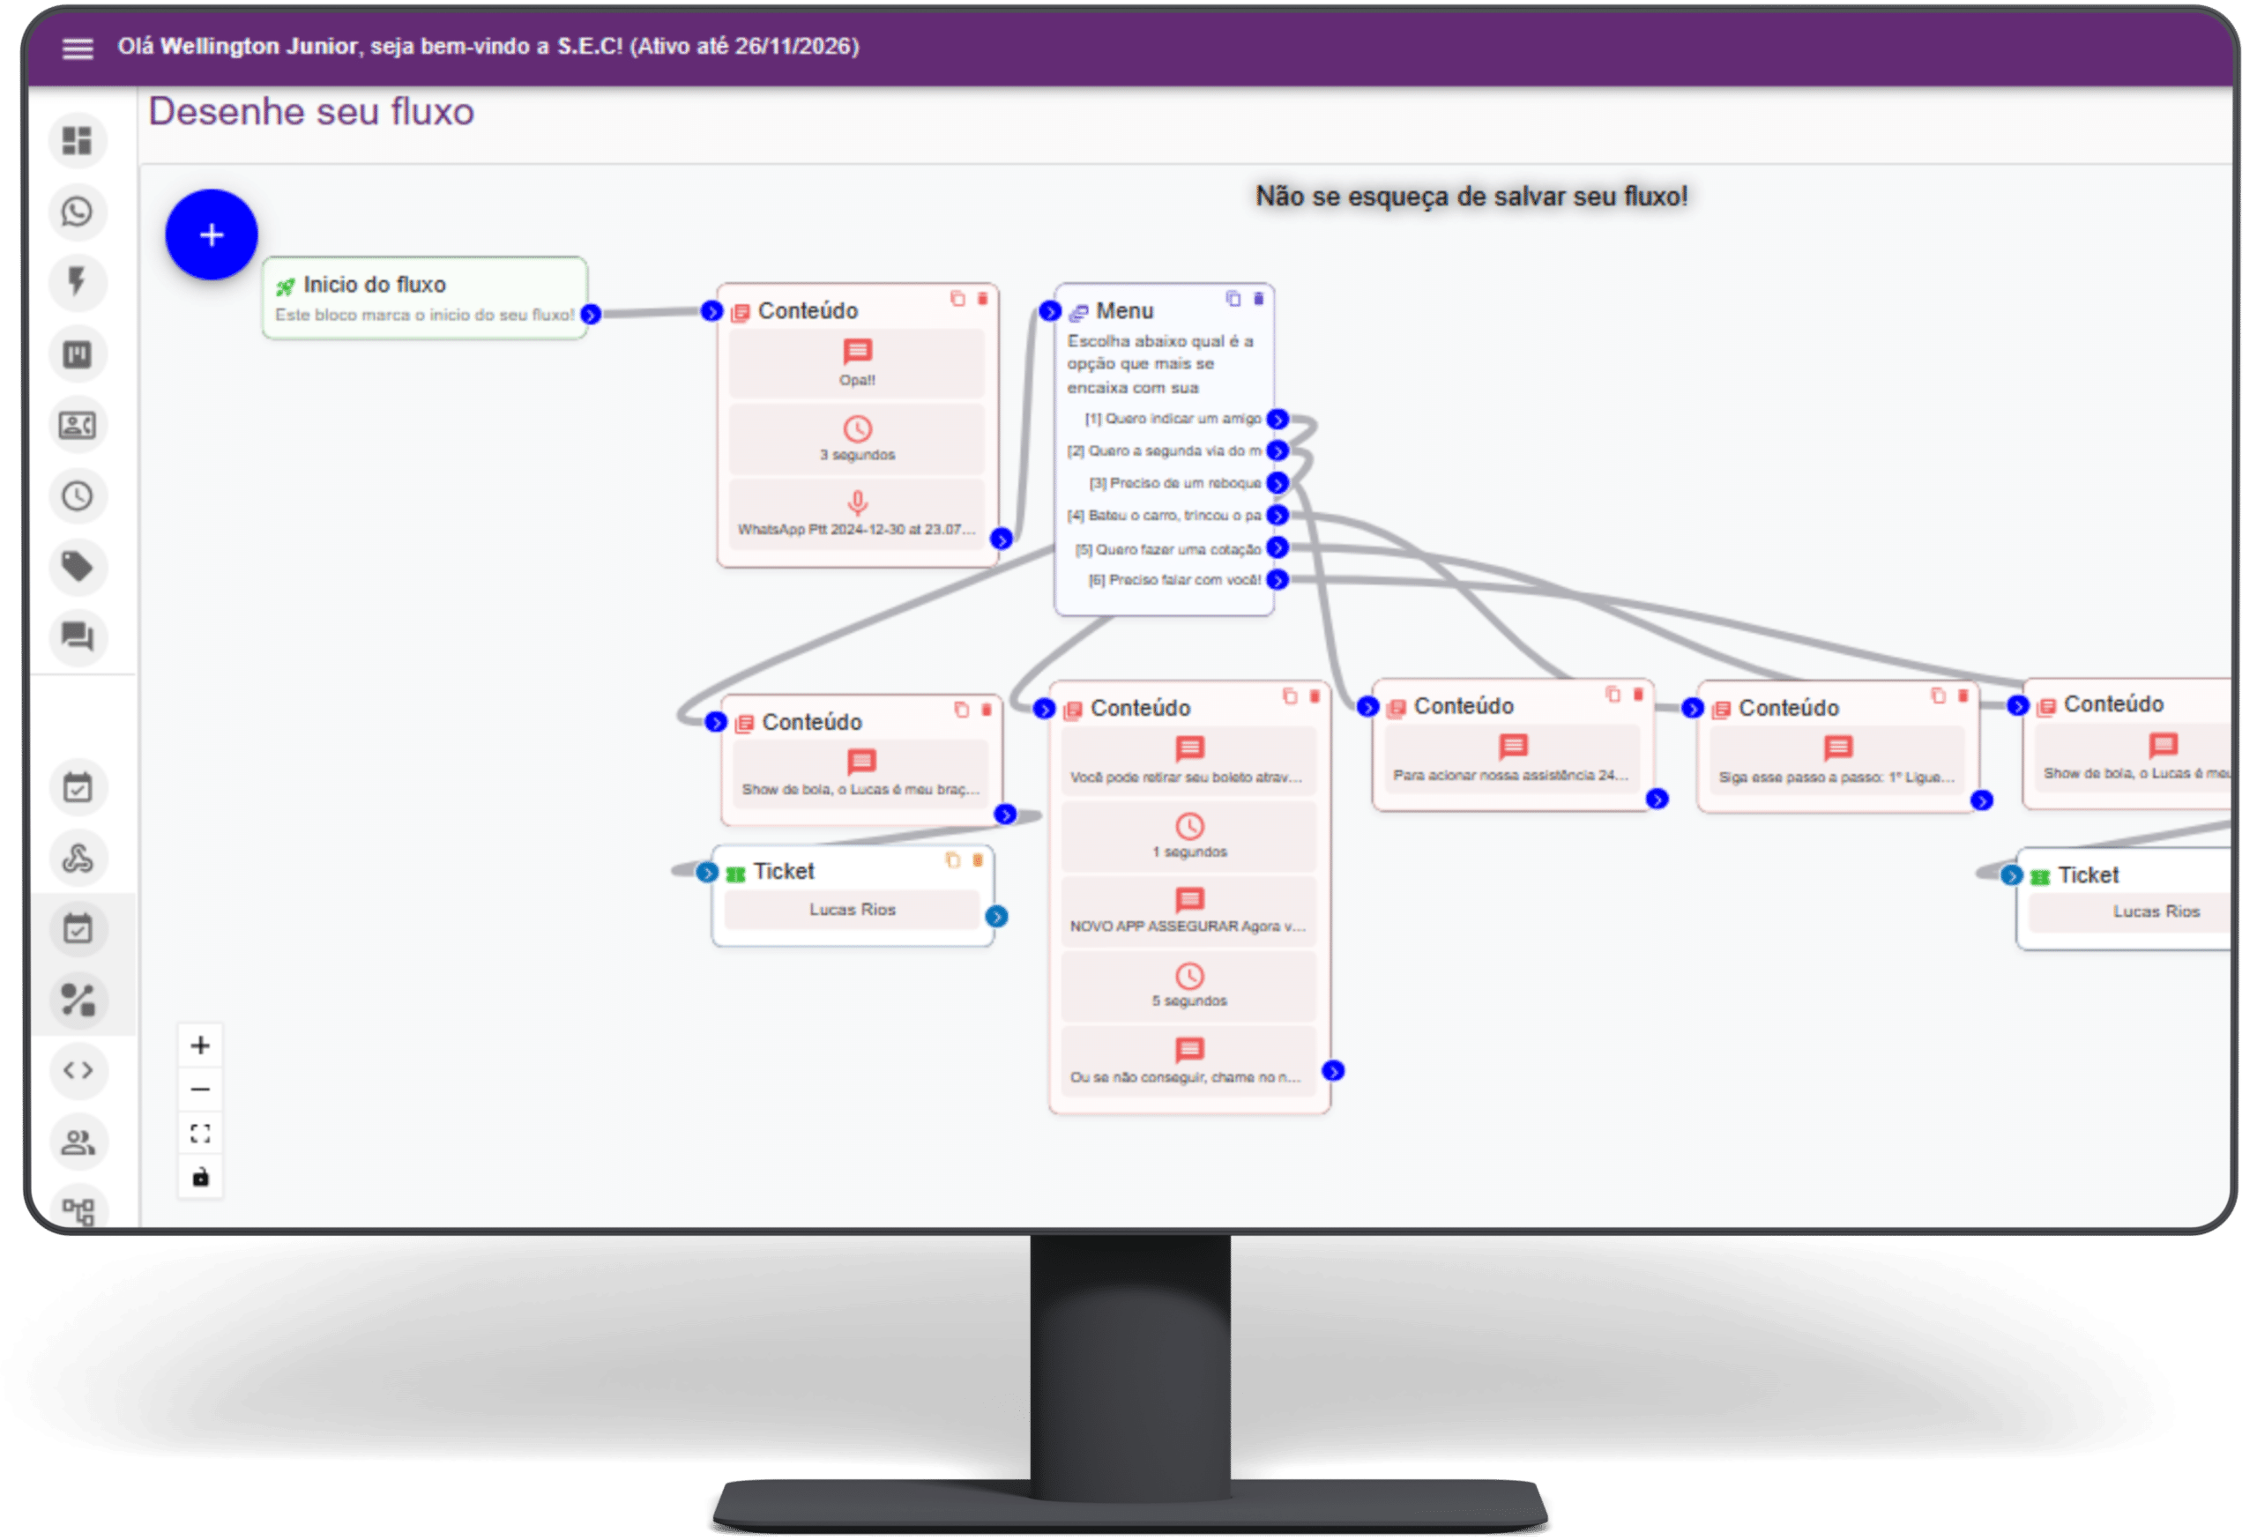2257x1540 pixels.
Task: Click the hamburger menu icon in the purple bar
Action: tap(78, 48)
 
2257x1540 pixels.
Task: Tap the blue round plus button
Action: tap(212, 235)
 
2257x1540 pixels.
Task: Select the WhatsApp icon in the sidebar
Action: tap(78, 212)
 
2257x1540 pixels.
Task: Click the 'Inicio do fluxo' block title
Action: tap(374, 285)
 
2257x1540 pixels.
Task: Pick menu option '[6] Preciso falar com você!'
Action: tap(1174, 580)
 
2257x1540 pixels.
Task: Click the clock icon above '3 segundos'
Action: tap(858, 428)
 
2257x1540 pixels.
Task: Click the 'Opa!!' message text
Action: tap(858, 380)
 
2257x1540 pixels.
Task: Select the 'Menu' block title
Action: tap(1125, 310)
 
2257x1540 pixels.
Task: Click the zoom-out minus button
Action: tap(200, 1090)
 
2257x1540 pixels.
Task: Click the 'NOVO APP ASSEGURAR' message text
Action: tap(1188, 926)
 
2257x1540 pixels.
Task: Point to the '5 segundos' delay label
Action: tap(1189, 1001)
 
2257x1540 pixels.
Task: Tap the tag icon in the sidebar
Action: tap(78, 566)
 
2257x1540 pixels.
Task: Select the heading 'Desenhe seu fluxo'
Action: tap(310, 113)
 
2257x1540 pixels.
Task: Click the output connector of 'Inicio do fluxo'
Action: tap(591, 315)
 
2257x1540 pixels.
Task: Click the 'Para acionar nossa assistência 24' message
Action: tap(1511, 775)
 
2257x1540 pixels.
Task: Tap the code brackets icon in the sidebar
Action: tap(78, 1070)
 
